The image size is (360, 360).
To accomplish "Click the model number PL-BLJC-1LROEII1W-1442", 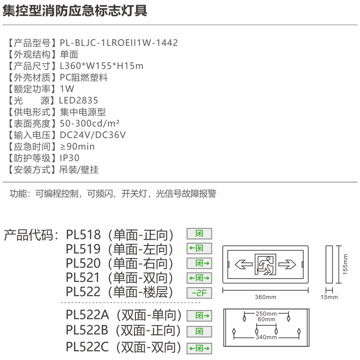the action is (x=119, y=43).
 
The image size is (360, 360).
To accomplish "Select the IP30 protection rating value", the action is (x=69, y=158).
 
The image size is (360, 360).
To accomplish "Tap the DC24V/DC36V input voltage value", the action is (x=92, y=135).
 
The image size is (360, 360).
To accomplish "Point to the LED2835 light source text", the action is (x=78, y=100).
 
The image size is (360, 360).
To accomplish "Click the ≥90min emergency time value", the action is (x=77, y=146).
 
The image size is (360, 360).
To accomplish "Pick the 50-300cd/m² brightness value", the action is (x=90, y=123).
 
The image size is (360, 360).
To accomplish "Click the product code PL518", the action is (x=83, y=235).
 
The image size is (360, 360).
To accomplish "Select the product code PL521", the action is (x=83, y=277).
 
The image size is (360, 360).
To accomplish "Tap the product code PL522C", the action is (x=87, y=347).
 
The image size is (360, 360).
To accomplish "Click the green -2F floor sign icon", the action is (x=199, y=293).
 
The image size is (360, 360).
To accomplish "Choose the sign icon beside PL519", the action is (x=199, y=249).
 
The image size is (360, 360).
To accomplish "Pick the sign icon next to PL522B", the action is (x=199, y=332).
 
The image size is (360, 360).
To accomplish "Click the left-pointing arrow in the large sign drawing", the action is (x=244, y=264).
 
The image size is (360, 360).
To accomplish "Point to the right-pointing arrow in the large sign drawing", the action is (x=287, y=264).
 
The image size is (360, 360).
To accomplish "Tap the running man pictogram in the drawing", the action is (x=265, y=264).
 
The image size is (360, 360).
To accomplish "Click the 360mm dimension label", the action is (x=266, y=297).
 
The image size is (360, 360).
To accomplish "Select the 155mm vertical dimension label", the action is (x=345, y=264).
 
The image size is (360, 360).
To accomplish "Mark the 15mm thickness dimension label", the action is (x=329, y=297).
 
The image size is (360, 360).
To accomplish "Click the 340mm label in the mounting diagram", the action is (x=266, y=337).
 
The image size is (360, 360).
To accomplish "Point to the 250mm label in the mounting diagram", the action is (x=266, y=314).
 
